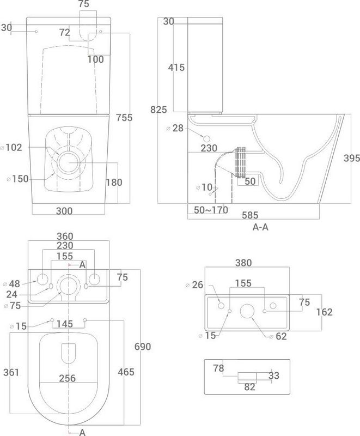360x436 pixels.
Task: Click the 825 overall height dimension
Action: pos(158,110)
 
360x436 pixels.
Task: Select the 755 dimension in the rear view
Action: pos(124,118)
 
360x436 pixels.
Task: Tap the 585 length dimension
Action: pos(250,215)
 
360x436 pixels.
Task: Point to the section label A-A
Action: pos(260,227)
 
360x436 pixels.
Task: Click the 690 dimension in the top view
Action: pos(143,347)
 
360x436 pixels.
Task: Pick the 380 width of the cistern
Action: pos(243,263)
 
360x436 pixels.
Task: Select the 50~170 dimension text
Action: pos(211,210)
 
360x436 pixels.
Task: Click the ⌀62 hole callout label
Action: pos(278,336)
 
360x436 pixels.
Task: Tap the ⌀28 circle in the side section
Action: pos(207,139)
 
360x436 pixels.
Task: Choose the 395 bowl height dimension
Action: pos(352,158)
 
